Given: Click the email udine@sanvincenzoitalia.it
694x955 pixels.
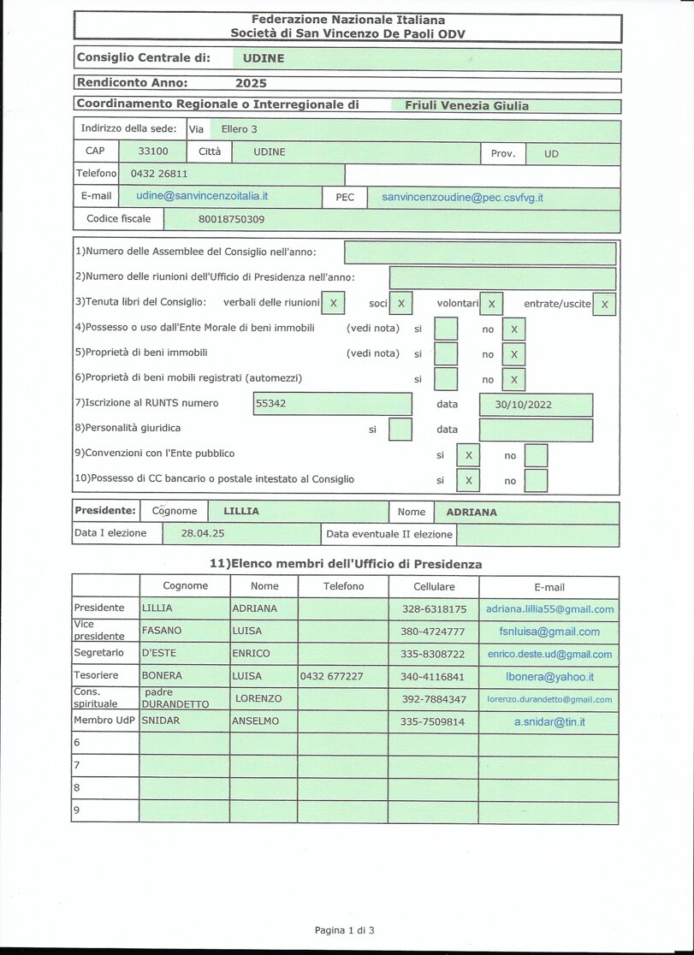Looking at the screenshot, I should pyautogui.click(x=202, y=196).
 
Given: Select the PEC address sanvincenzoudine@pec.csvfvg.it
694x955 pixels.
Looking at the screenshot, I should pyautogui.click(x=462, y=198).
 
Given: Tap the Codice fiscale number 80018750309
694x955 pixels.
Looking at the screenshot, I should pyautogui.click(x=231, y=219).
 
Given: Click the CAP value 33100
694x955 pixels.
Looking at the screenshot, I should pyautogui.click(x=153, y=151).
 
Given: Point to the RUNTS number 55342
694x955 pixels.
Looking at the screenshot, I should pyautogui.click(x=271, y=403).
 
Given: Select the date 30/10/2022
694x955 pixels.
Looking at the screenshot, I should pyautogui.click(x=523, y=405).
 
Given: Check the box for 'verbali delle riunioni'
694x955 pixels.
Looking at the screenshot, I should pyautogui.click(x=333, y=303).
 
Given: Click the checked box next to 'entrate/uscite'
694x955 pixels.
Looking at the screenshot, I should pyautogui.click(x=604, y=304).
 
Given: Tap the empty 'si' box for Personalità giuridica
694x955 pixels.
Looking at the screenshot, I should pyautogui.click(x=400, y=429).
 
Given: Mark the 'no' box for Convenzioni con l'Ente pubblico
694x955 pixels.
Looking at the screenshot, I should pyautogui.click(x=536, y=454).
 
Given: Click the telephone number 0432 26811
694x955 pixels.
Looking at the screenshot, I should pyautogui.click(x=158, y=174).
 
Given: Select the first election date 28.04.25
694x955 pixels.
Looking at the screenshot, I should pyautogui.click(x=203, y=534).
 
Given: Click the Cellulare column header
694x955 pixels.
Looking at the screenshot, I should pyautogui.click(x=434, y=587).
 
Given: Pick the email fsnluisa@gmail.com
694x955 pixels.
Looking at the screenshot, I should pyautogui.click(x=549, y=632).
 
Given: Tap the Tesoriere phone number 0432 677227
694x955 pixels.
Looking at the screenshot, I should pyautogui.click(x=331, y=676).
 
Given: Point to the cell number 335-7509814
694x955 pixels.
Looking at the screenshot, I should pyautogui.click(x=434, y=721).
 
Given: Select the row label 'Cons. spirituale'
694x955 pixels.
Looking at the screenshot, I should pyautogui.click(x=96, y=697).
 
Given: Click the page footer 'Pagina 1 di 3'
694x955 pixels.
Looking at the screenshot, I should pyautogui.click(x=345, y=929).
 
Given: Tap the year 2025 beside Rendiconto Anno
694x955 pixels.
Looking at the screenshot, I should pyautogui.click(x=251, y=84).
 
